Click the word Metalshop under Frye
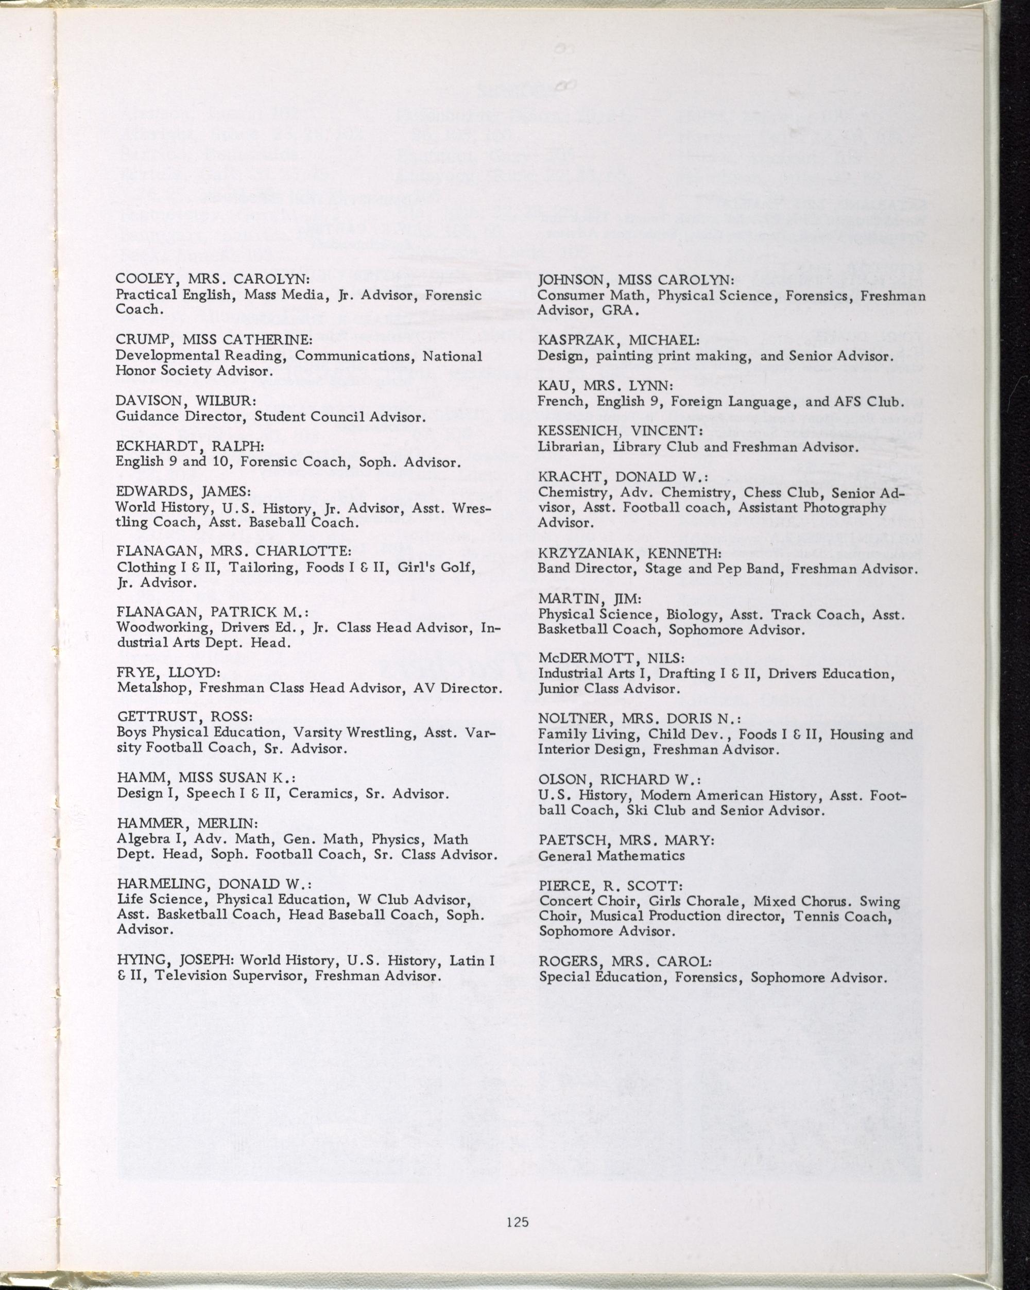pos(153,688)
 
